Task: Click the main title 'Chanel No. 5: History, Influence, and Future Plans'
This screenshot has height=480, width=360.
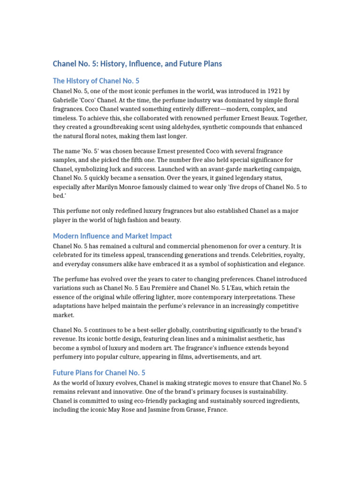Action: click(x=137, y=64)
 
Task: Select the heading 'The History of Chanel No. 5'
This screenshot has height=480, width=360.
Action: click(x=96, y=81)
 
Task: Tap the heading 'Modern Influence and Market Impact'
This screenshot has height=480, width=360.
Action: click(x=112, y=236)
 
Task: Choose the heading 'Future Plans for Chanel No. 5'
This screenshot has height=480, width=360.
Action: click(x=99, y=373)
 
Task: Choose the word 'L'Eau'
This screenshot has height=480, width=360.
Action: click(x=245, y=288)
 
